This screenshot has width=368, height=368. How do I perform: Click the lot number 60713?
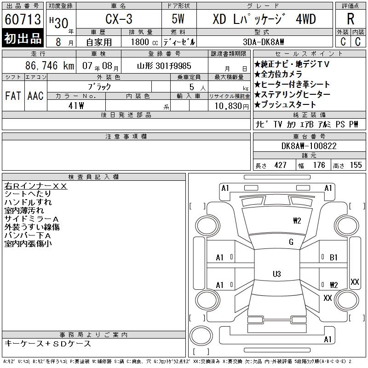click(23, 19)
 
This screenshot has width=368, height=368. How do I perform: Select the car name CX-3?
click(119, 19)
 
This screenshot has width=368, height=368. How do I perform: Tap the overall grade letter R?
click(351, 19)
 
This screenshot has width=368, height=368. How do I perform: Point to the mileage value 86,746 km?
click(50, 65)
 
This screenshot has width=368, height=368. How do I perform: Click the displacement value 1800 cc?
click(144, 42)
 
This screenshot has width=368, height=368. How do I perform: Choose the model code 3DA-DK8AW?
click(263, 42)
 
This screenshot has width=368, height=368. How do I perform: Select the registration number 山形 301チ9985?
click(164, 66)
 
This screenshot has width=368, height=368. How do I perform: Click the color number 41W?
click(76, 106)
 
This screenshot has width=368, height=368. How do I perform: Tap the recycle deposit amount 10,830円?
click(232, 106)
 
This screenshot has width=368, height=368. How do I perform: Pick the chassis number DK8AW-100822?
click(309, 146)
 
